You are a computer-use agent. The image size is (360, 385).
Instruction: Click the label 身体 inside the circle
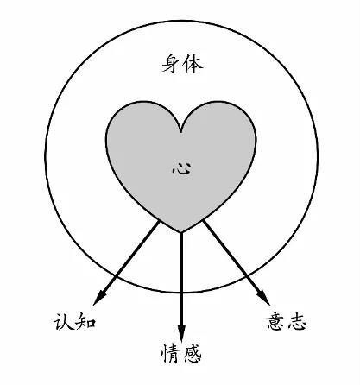[x=183, y=64]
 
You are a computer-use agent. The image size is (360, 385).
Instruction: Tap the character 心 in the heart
[x=181, y=168]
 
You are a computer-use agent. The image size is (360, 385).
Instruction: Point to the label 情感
[x=181, y=353]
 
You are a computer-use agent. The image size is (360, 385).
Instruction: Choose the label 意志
[x=286, y=321]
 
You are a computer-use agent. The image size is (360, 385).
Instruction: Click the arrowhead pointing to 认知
[x=99, y=298]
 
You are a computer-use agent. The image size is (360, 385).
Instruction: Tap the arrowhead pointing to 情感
[x=181, y=333]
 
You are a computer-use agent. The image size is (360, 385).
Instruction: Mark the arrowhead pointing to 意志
[x=264, y=298]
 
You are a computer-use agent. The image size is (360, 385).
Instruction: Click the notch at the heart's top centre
[x=180, y=132]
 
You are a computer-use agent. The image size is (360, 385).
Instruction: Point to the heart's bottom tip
[x=180, y=232]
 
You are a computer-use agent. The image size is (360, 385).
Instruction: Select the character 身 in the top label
[x=172, y=64]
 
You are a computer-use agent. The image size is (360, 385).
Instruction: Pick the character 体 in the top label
[x=193, y=64]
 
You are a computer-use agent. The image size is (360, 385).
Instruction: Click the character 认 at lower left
[x=64, y=321]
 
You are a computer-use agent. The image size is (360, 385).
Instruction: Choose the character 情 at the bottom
[x=171, y=353]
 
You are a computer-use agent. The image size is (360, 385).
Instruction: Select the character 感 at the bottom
[x=193, y=353]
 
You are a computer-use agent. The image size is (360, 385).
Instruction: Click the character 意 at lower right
[x=275, y=321]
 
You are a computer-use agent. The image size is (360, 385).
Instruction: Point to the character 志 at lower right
[x=297, y=321]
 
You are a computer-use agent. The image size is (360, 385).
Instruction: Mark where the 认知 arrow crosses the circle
[x=116, y=275]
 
